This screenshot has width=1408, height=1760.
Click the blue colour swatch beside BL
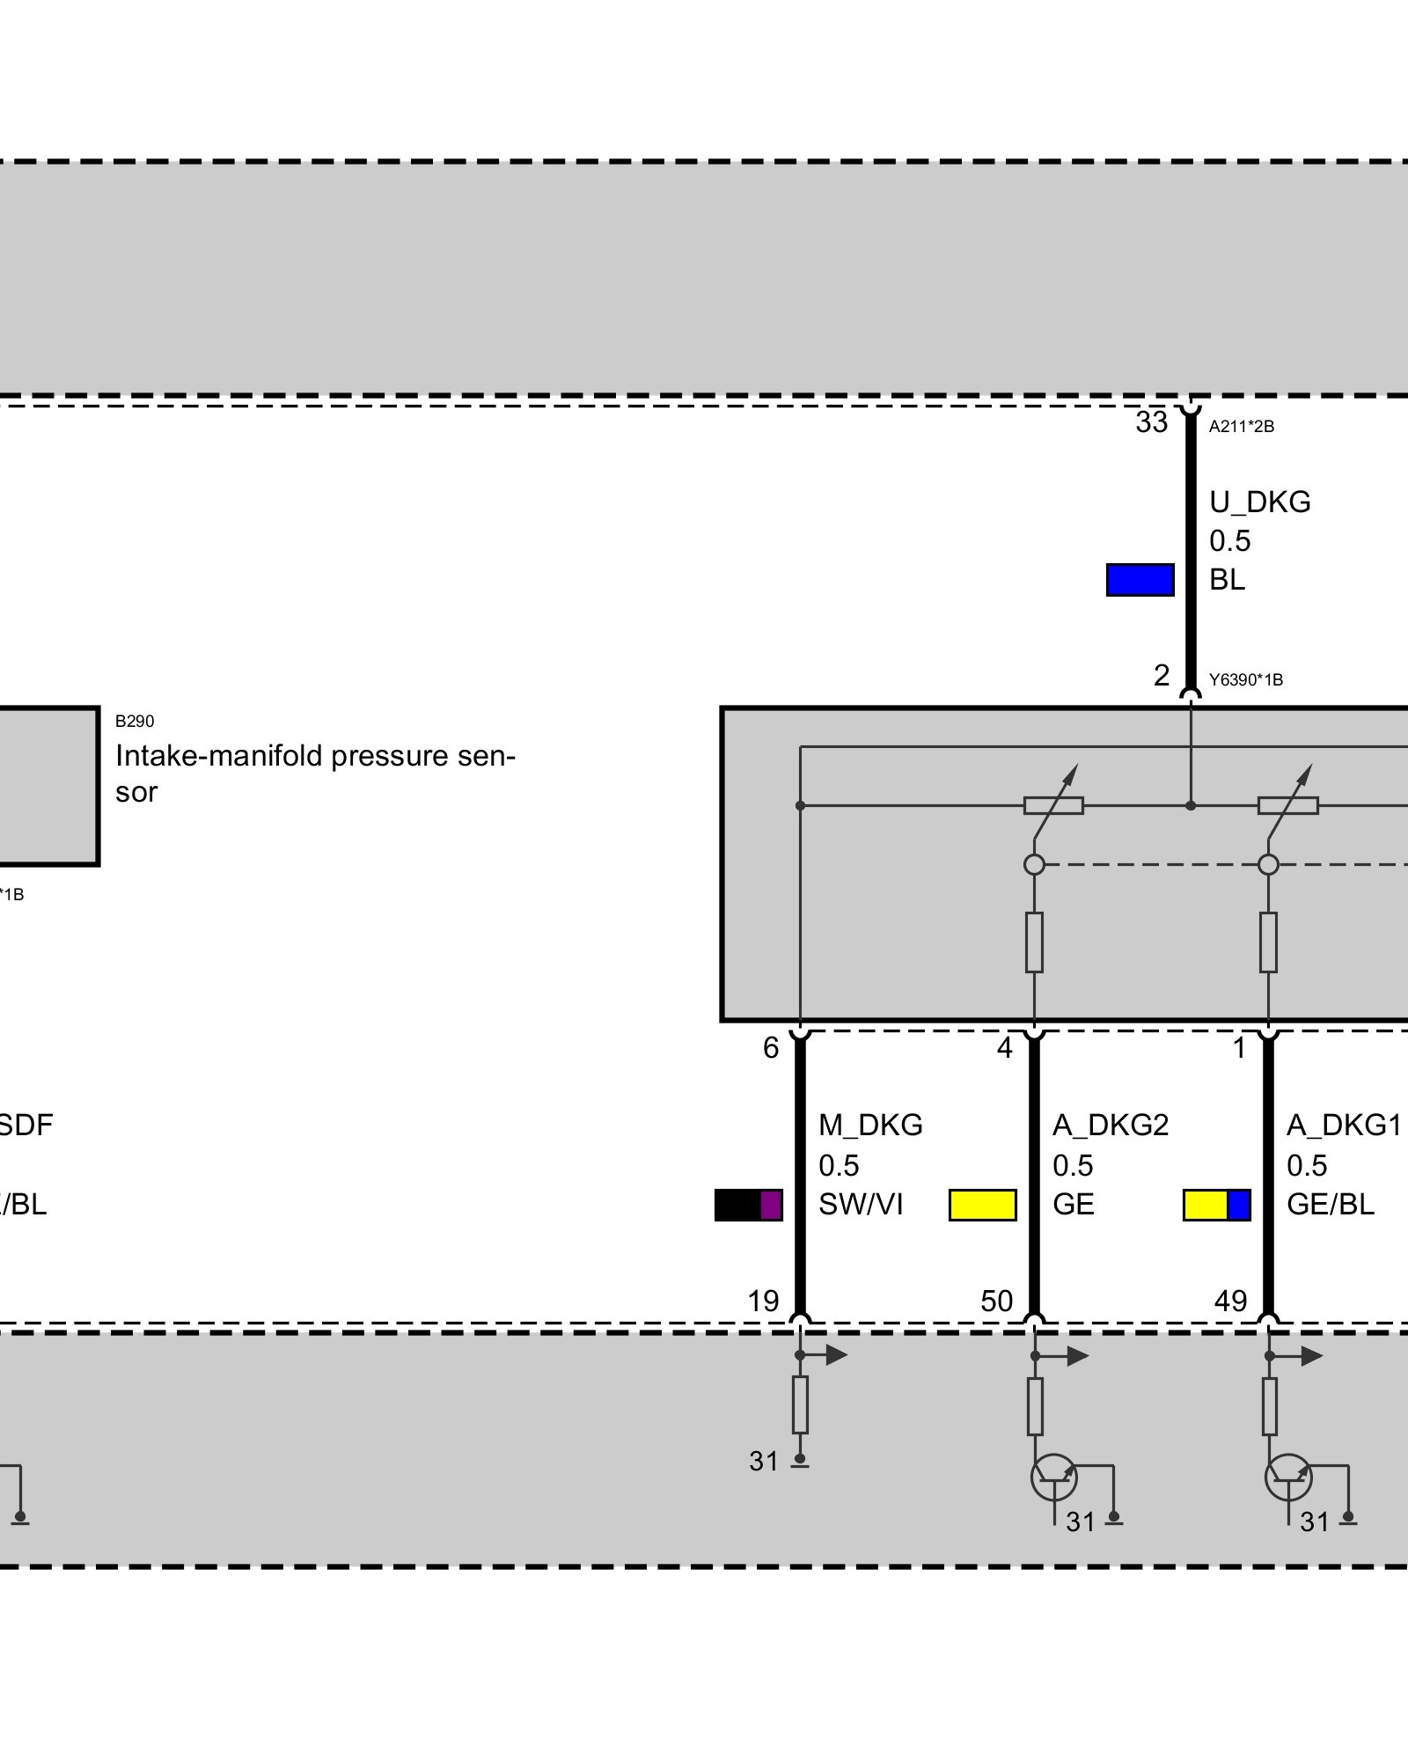(x=1140, y=580)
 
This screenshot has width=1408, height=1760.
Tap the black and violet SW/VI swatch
(x=748, y=1205)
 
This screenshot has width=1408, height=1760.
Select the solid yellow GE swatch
(x=982, y=1205)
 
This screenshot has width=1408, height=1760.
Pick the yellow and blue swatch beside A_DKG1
(x=1216, y=1205)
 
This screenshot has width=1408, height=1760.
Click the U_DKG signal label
(x=1259, y=502)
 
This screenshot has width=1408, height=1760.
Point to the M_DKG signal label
(x=870, y=1125)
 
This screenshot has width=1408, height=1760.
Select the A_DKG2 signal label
(x=1111, y=1125)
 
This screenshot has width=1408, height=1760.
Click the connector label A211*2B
(x=1241, y=427)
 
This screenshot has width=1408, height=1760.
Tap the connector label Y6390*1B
(x=1245, y=679)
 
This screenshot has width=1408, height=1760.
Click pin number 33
(x=1151, y=422)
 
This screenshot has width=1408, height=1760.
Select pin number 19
(x=763, y=1301)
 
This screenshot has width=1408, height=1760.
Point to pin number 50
(x=996, y=1301)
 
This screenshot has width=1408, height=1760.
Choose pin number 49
(x=1230, y=1301)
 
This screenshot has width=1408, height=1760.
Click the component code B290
(x=135, y=722)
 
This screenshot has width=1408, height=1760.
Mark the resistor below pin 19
(x=800, y=1404)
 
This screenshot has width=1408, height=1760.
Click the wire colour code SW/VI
(x=861, y=1204)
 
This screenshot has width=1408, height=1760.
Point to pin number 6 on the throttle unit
(x=771, y=1047)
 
